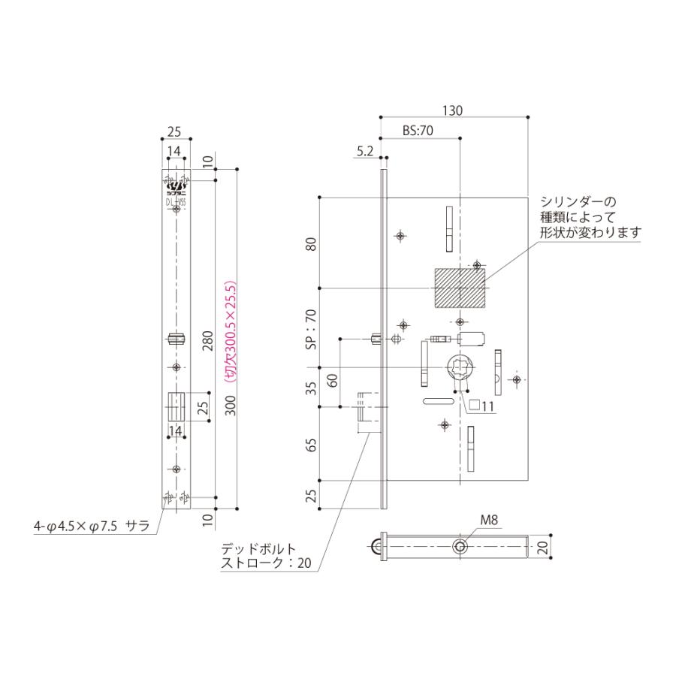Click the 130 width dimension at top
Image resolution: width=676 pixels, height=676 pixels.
click(x=452, y=110)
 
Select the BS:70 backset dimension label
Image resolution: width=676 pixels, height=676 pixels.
click(x=418, y=131)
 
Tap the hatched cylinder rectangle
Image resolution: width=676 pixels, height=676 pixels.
click(x=460, y=288)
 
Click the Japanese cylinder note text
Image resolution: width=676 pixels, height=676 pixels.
click(x=589, y=217)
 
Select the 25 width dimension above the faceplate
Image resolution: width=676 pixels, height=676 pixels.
click(x=174, y=131)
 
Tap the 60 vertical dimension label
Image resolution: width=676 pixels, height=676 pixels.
click(x=333, y=379)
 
